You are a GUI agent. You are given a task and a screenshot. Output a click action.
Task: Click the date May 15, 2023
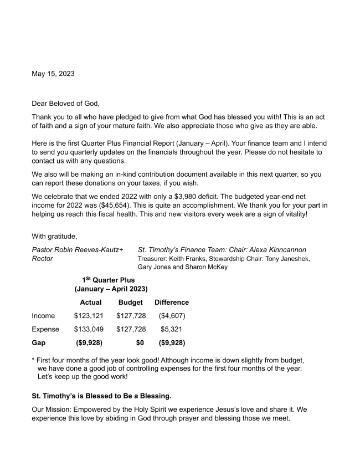click(x=53, y=74)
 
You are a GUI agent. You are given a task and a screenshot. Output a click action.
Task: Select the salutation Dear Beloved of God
click(x=66, y=103)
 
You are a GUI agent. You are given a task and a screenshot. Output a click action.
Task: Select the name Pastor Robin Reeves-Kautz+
click(x=78, y=250)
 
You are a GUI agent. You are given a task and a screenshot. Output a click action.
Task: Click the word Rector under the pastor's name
click(x=43, y=259)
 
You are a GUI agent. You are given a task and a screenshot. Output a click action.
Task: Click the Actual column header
click(x=91, y=303)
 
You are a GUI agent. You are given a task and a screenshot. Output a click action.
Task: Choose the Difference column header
click(x=172, y=303)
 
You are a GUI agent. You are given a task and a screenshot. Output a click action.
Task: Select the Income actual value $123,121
click(x=88, y=316)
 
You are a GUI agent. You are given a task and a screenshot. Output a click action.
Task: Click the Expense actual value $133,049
click(x=88, y=329)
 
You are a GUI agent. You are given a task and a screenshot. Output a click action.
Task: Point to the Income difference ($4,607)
click(x=172, y=316)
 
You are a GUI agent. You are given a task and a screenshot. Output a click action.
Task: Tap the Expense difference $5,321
click(x=172, y=329)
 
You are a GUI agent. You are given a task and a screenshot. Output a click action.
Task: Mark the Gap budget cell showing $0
click(x=140, y=343)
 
